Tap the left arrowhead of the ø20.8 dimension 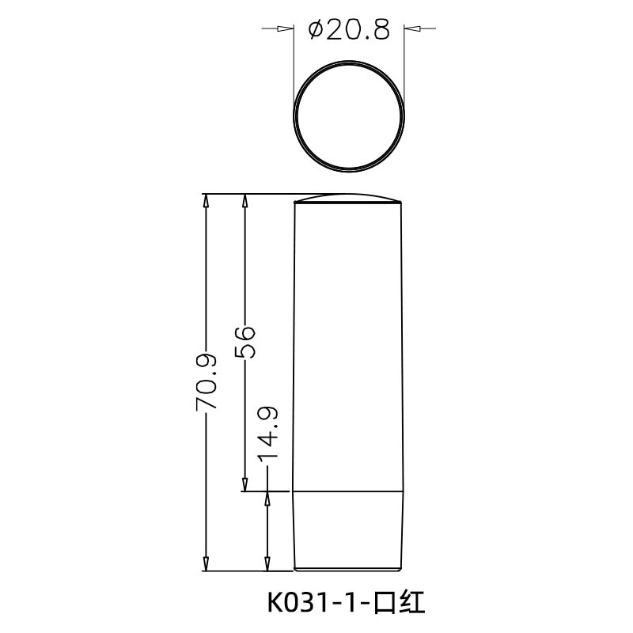pyautogui.click(x=285, y=30)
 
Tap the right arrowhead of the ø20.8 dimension pyautogui.click(x=412, y=30)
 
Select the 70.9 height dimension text pyautogui.click(x=206, y=381)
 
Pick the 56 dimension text pyautogui.click(x=245, y=341)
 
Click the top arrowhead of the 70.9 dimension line pyautogui.click(x=207, y=201)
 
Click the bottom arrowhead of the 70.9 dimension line pyautogui.click(x=207, y=563)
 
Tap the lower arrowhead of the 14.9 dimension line pyautogui.click(x=269, y=563)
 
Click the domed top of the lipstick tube pyautogui.click(x=348, y=199)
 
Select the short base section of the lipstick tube pyautogui.click(x=348, y=530)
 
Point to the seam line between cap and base pyautogui.click(x=348, y=491)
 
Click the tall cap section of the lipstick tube pyautogui.click(x=348, y=348)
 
